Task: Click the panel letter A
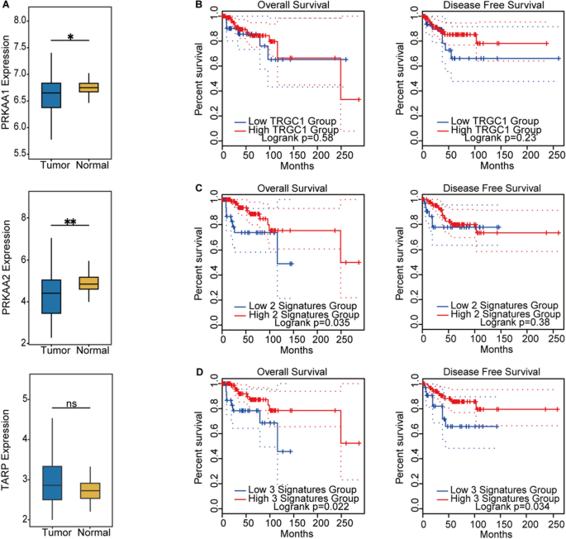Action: [7, 7]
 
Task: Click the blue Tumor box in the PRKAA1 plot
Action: [51, 95]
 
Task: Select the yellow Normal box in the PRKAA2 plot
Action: [86, 283]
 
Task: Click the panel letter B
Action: [197, 7]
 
